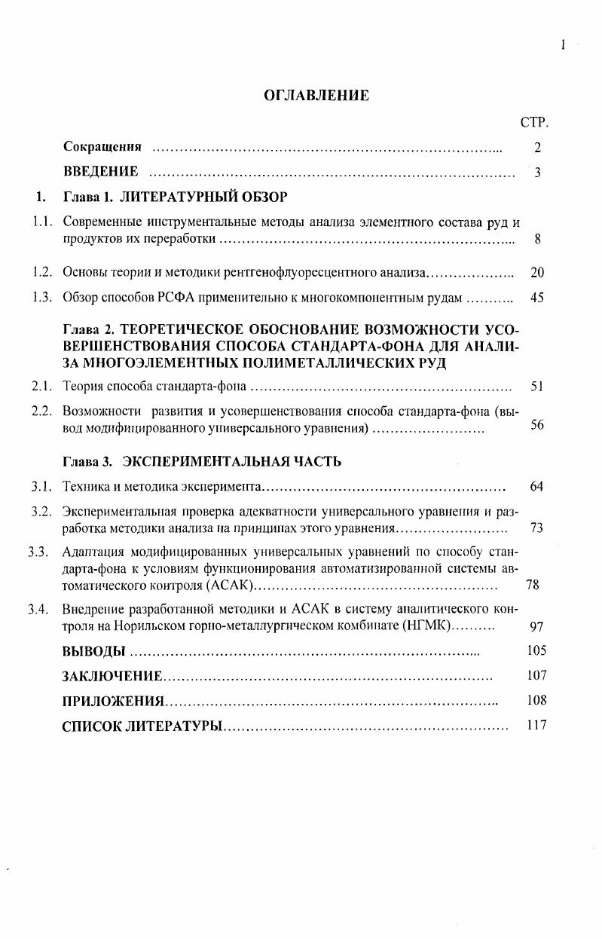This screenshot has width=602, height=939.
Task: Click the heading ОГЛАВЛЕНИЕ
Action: point(316,96)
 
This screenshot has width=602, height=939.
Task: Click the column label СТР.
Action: point(534,122)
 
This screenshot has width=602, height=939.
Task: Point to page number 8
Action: point(537,240)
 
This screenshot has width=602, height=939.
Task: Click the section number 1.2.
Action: point(41,272)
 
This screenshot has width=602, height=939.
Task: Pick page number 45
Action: point(536,298)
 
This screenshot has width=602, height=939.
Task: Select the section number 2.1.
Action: point(41,387)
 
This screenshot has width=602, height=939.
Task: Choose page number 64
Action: point(536,486)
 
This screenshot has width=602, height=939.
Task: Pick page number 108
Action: point(536,700)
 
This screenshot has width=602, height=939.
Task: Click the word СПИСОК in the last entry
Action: point(90,726)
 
